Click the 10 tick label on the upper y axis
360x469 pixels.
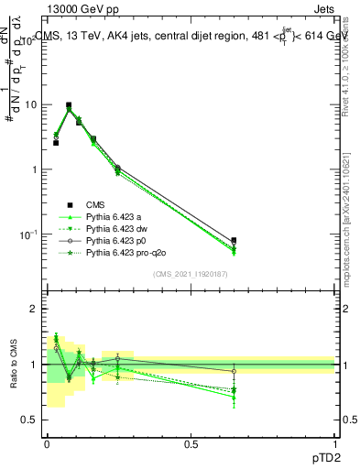coord(33,104)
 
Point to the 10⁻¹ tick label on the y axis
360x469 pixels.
coord(31,234)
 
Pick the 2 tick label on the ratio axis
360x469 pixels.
coord(38,309)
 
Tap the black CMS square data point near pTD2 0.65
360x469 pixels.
coord(234,241)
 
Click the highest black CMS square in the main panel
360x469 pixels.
coord(69,105)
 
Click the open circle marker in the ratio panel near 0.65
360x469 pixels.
coord(234,371)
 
